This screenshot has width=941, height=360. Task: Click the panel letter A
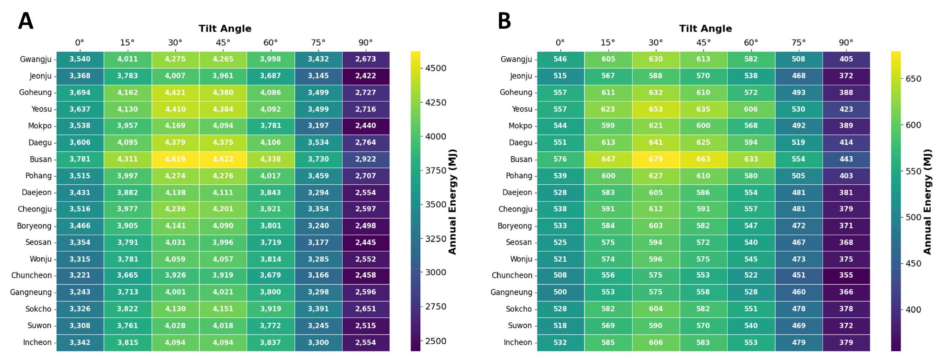pos(26,21)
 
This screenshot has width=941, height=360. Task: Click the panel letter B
pos(504,21)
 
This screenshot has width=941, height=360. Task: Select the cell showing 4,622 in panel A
pos(223,159)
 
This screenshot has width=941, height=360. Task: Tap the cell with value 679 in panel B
pos(656,159)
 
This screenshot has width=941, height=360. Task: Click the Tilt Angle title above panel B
pos(705,28)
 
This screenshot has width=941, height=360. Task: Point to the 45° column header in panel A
pos(223,42)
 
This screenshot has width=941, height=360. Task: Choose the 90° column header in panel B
pos(846,42)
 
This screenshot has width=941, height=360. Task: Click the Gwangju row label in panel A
pos(36,59)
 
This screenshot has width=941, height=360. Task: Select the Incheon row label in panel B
pos(518,342)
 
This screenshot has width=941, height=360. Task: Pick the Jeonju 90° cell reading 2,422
pos(366,76)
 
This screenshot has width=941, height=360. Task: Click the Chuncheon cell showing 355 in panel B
pos(846,275)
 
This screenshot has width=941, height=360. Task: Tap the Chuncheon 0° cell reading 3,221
pos(80,275)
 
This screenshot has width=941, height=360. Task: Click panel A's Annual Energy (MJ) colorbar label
pos(452,201)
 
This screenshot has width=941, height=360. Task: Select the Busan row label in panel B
pos(521,159)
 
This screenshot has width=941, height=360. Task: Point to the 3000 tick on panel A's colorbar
pos(436,272)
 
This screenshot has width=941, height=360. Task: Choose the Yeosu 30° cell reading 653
pos(656,109)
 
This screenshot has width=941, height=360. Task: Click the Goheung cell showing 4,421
pos(175,93)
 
